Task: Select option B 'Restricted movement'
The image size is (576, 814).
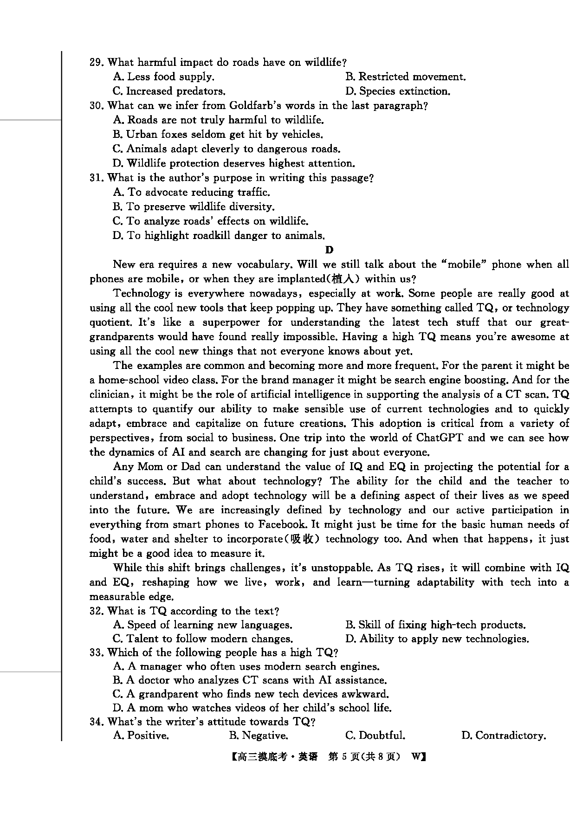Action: pyautogui.click(x=405, y=77)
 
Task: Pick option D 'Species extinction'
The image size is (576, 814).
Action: pyautogui.click(x=398, y=91)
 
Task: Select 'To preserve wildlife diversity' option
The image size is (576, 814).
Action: pyautogui.click(x=194, y=207)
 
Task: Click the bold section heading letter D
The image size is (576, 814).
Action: pyautogui.click(x=329, y=250)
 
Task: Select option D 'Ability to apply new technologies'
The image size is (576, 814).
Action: pyautogui.click(x=437, y=639)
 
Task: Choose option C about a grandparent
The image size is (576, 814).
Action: pyautogui.click(x=251, y=694)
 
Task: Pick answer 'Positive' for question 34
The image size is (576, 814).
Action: pyautogui.click(x=141, y=736)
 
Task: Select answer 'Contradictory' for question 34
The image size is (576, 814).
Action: pyautogui.click(x=504, y=736)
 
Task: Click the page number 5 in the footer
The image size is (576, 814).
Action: pyautogui.click(x=344, y=757)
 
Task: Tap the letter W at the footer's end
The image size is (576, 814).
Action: pyautogui.click(x=416, y=757)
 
